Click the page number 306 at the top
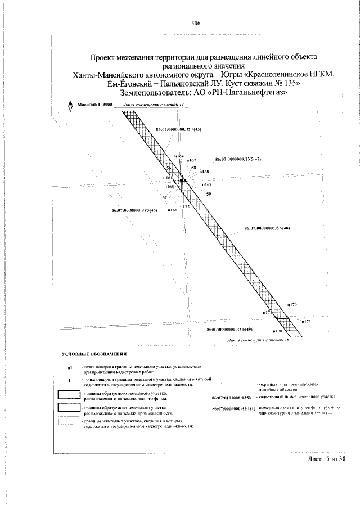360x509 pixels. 196,23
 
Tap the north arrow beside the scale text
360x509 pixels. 70,107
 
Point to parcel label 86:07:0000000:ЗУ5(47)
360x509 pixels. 238,159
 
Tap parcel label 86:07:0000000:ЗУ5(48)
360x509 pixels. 267,228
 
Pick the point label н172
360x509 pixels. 185,206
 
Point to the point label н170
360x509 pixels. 292,304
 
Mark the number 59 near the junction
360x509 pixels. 209,194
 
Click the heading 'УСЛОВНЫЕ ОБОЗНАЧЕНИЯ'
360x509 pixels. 94,354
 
